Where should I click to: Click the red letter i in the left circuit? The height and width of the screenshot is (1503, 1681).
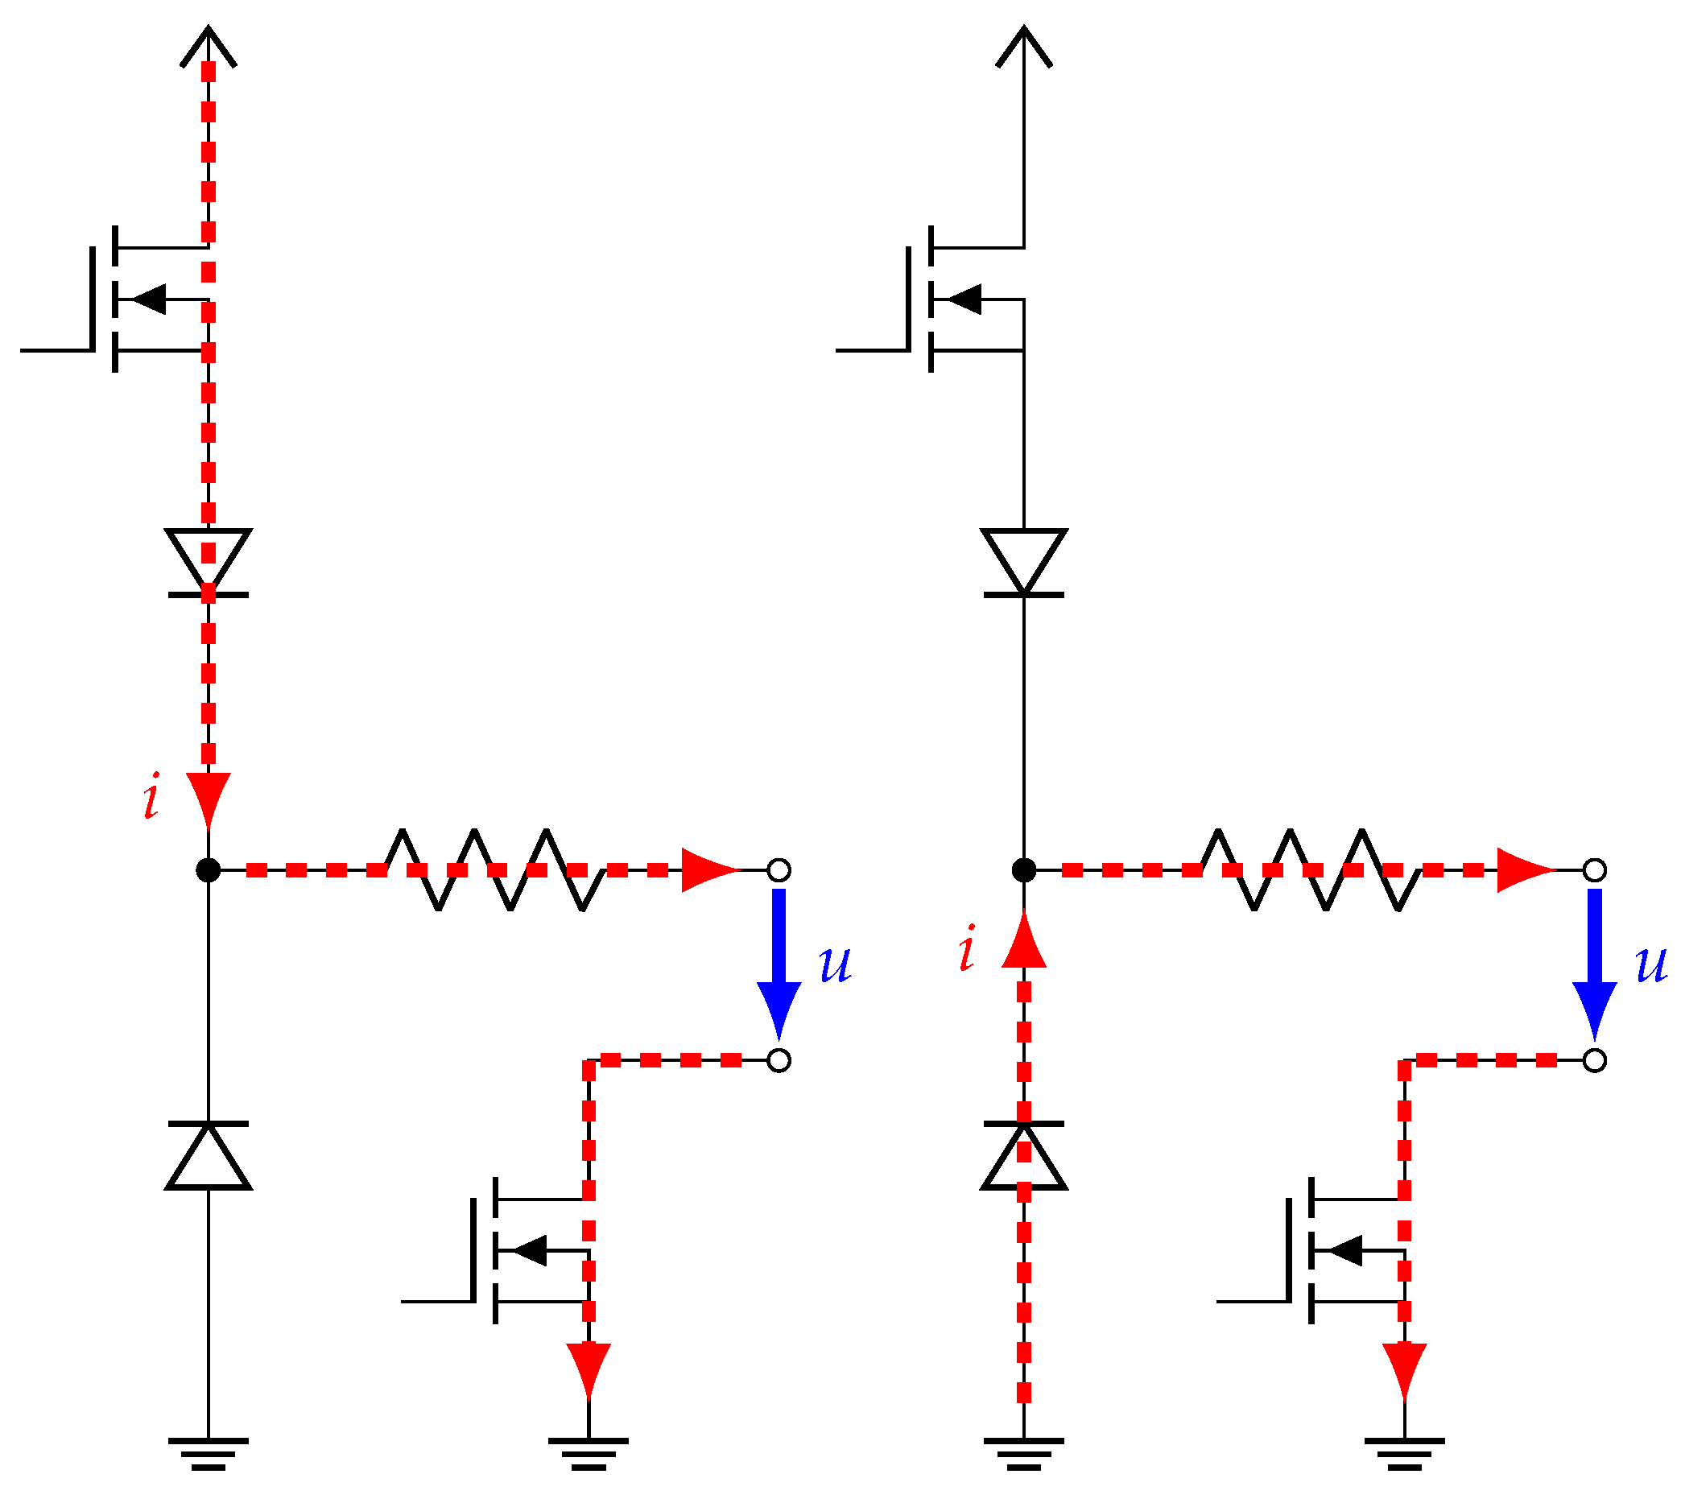pos(151,796)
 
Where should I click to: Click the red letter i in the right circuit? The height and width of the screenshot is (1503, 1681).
pos(967,948)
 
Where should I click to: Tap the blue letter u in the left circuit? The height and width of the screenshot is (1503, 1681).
pos(835,964)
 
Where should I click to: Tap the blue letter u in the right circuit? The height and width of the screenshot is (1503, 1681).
pos(1651,964)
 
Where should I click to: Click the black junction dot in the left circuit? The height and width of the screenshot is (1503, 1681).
pos(209,869)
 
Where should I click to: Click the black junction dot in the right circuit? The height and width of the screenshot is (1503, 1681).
pos(1023,869)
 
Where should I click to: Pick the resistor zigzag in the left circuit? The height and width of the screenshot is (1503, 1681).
pos(494,869)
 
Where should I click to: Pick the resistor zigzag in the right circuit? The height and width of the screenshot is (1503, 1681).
pos(1310,869)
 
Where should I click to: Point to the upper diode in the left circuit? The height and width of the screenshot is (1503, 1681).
pos(209,562)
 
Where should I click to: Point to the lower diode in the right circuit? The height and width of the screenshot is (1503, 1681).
pos(1023,1156)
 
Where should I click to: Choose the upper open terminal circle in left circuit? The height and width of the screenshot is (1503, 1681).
pos(779,869)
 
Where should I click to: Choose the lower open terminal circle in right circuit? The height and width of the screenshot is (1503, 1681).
pos(1594,1060)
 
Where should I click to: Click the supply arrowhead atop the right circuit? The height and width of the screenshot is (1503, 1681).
pos(1023,45)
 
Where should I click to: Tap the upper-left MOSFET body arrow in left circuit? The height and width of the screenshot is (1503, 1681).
pos(151,299)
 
